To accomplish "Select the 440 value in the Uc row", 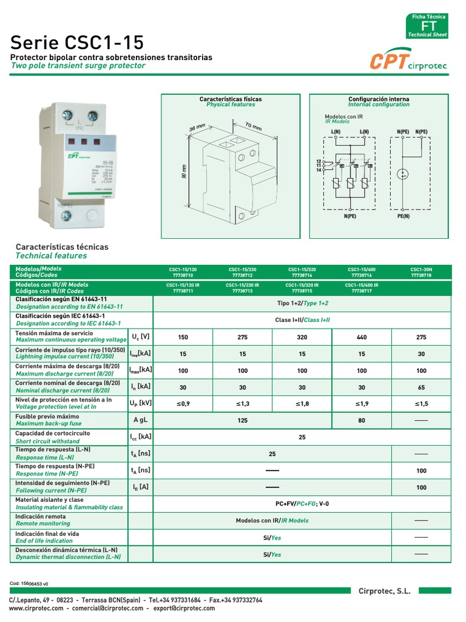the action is click(362, 337).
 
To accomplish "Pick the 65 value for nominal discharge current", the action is click(421, 386).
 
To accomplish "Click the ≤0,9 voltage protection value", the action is click(183, 403).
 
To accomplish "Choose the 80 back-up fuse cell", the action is click(362, 420).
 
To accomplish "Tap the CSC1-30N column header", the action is click(421, 272).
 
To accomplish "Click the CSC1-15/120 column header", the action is click(183, 272).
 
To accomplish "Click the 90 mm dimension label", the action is click(184, 171).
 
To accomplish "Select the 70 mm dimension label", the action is click(253, 128).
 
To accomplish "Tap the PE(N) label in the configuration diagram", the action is click(404, 215).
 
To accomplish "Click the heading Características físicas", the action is click(231, 98).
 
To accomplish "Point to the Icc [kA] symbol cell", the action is click(141, 437).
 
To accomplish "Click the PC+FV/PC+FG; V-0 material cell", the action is click(302, 504).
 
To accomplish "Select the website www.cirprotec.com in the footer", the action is click(36, 608).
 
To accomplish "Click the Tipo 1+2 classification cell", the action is click(302, 303).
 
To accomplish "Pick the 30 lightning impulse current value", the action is click(421, 354).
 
